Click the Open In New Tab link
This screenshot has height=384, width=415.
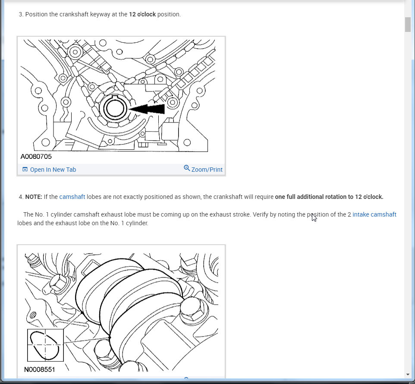pos(53,170)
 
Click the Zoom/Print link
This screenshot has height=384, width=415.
pos(207,170)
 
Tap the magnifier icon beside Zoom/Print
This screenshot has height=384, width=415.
pos(187,168)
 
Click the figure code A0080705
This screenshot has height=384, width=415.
pos(36,157)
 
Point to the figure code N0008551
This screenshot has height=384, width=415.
pos(39,369)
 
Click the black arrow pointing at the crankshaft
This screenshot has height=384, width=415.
pos(147,109)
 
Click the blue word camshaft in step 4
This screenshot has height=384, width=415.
pos(72,197)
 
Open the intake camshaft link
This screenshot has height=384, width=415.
pos(374,214)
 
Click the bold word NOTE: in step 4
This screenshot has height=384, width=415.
pos(34,197)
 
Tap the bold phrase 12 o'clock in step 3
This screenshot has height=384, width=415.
pos(142,14)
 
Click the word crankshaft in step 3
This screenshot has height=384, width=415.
pos(74,14)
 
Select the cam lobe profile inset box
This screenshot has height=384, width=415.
pos(46,345)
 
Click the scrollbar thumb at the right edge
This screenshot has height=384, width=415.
pos(408,25)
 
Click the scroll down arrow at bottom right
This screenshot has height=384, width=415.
pos(408,375)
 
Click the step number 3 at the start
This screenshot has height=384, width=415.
pos(21,14)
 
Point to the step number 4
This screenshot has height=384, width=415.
pos(21,197)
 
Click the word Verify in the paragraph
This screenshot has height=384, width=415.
pos(261,214)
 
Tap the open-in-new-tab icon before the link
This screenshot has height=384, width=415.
pos(25,170)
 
